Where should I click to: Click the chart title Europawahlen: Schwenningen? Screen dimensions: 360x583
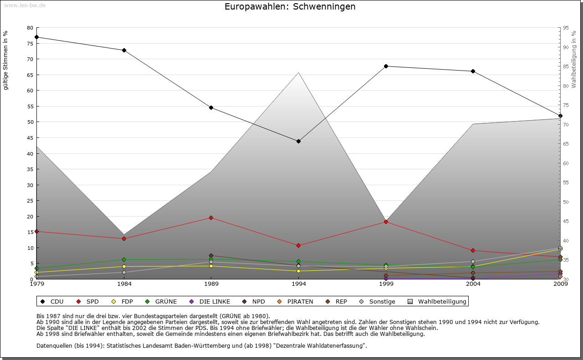click(x=290, y=7)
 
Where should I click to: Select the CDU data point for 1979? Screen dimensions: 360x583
click(x=36, y=37)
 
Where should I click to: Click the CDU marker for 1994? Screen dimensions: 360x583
click(x=298, y=141)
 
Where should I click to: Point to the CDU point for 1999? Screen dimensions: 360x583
click(x=386, y=66)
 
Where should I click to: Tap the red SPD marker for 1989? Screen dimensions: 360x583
click(x=211, y=218)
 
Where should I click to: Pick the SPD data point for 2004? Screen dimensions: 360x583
click(x=473, y=250)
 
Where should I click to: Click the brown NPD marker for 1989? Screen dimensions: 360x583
click(x=211, y=255)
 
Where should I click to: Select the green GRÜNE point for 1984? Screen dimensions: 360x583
click(x=124, y=259)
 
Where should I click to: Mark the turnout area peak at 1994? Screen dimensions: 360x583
click(x=298, y=72)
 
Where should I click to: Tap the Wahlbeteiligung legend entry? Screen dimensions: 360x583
click(x=437, y=301)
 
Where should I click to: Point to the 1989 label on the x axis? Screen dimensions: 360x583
click(x=211, y=284)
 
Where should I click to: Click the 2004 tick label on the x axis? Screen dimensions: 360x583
click(x=473, y=284)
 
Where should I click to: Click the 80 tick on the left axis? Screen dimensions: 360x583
click(x=31, y=28)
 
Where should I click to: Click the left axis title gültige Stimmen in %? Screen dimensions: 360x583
click(x=6, y=60)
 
